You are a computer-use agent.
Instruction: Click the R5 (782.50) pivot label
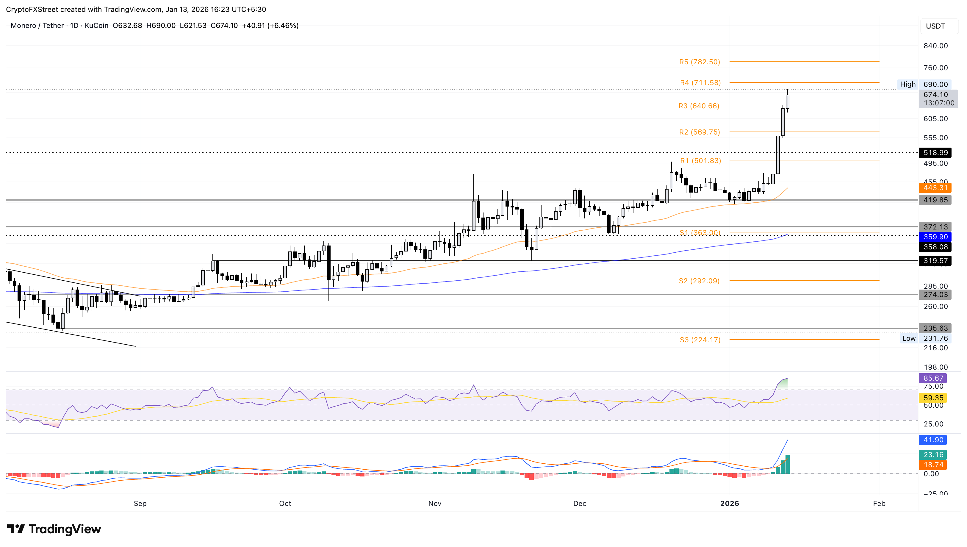point(699,62)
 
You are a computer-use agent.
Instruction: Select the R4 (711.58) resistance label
point(700,83)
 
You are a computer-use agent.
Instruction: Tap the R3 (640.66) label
point(699,106)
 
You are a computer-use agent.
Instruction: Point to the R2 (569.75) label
point(699,132)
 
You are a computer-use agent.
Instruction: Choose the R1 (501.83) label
point(700,160)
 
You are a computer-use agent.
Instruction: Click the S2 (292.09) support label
point(699,281)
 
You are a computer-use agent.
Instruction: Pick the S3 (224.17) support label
point(700,340)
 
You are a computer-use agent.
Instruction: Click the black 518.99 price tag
point(935,153)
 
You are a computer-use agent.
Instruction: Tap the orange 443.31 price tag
point(935,187)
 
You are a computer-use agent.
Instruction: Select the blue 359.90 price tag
point(935,237)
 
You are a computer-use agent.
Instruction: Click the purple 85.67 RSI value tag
point(933,378)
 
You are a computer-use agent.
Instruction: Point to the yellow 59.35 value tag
point(933,398)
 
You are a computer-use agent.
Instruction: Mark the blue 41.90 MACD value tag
point(933,440)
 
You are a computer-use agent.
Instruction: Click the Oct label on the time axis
point(285,504)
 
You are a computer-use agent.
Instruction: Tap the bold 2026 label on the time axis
point(729,504)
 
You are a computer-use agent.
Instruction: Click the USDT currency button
point(935,26)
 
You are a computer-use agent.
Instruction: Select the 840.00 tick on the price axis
point(935,46)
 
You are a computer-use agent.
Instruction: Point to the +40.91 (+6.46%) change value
point(270,26)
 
